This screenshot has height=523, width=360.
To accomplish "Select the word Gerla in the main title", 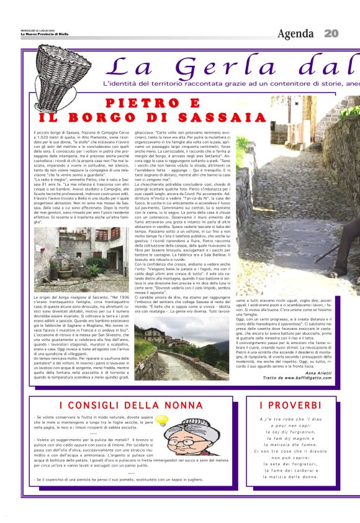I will [217, 68].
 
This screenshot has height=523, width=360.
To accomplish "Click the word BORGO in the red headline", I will [118, 117].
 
